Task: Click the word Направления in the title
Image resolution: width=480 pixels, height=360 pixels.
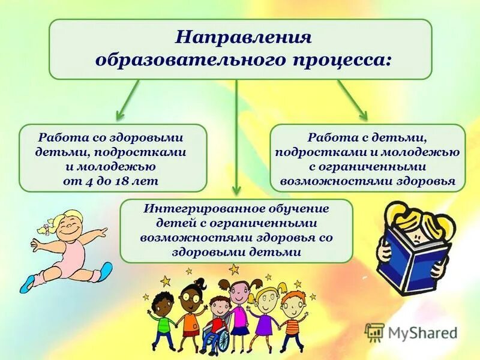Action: coord(243,38)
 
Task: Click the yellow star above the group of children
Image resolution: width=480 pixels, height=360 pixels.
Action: coord(234,269)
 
